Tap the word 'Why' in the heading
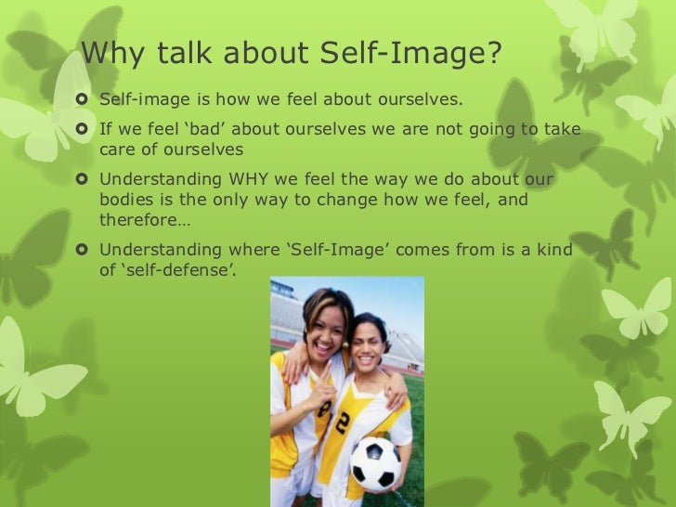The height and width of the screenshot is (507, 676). click(112, 56)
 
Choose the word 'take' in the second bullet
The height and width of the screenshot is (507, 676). click(560, 128)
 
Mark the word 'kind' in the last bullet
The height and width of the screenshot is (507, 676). click(552, 249)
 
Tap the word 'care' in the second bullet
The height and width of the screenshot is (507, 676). click(118, 149)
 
